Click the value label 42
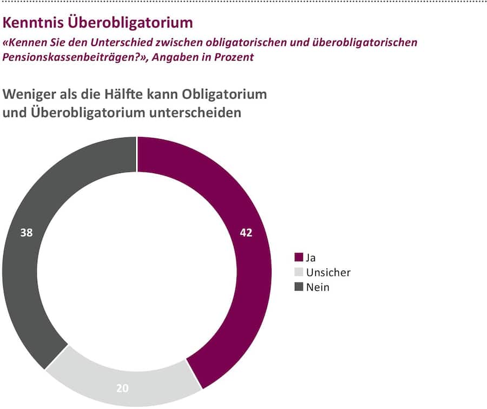point(246,233)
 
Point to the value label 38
point(26,233)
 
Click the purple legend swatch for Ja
point(298,258)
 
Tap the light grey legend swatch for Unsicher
point(298,273)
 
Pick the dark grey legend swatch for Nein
point(298,287)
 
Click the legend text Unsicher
point(328,273)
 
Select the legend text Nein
point(318,287)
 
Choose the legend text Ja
point(311,258)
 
